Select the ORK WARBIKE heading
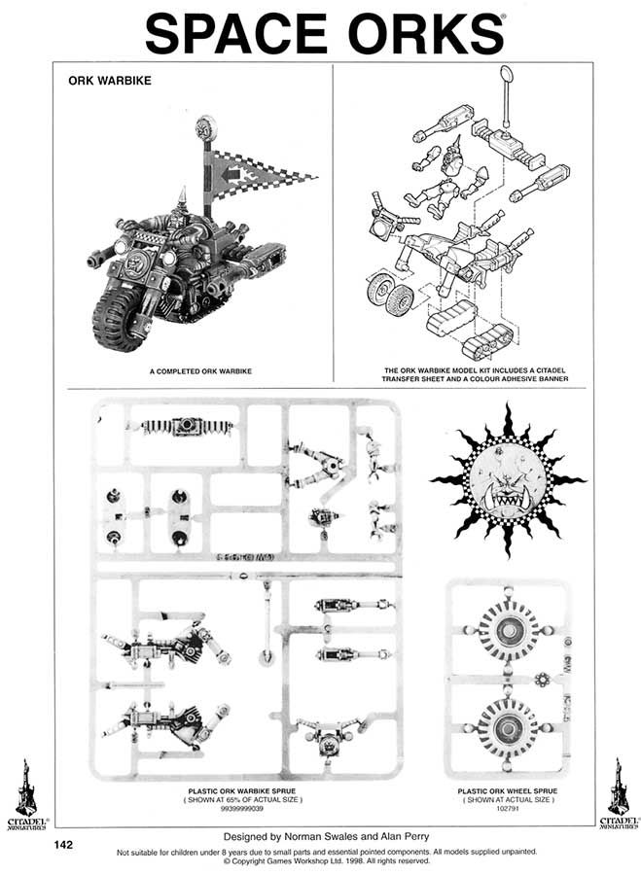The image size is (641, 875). (108, 82)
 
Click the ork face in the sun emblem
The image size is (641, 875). (508, 481)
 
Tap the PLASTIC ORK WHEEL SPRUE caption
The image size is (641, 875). (507, 791)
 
